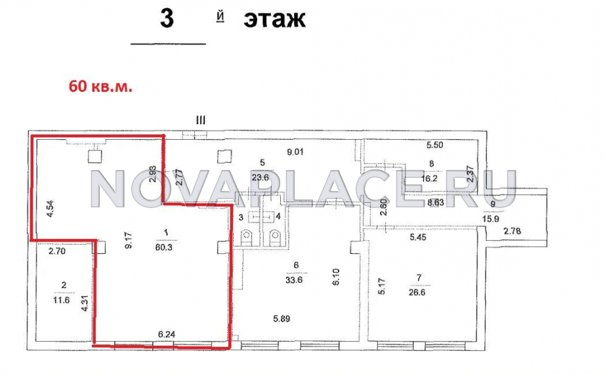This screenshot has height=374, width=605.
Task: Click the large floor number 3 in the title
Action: [167, 18]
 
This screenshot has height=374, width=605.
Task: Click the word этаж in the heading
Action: [274, 19]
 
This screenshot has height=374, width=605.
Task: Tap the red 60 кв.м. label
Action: [100, 87]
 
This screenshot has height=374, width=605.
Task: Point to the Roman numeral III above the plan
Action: [201, 121]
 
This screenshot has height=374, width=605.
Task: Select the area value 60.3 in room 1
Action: [163, 247]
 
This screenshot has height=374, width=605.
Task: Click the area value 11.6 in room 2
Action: [61, 299]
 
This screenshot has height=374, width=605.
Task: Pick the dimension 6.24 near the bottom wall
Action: [167, 334]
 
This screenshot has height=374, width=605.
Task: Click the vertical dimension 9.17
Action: [129, 239]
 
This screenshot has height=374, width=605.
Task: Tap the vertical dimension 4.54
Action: [50, 209]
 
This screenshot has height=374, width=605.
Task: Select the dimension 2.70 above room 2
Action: [56, 251]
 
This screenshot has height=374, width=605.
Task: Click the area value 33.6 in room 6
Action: [293, 280]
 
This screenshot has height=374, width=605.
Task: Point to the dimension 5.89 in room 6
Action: [282, 319]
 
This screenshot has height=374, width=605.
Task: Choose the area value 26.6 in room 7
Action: [417, 292]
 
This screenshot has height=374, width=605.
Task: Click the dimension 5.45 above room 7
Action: [418, 238]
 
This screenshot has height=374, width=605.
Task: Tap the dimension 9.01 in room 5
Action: [295, 152]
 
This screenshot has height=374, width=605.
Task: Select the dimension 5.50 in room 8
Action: [434, 145]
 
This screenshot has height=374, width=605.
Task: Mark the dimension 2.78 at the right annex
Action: [512, 231]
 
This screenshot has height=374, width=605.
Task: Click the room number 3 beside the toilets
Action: [241, 217]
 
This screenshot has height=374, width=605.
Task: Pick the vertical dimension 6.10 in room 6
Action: [336, 277]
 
